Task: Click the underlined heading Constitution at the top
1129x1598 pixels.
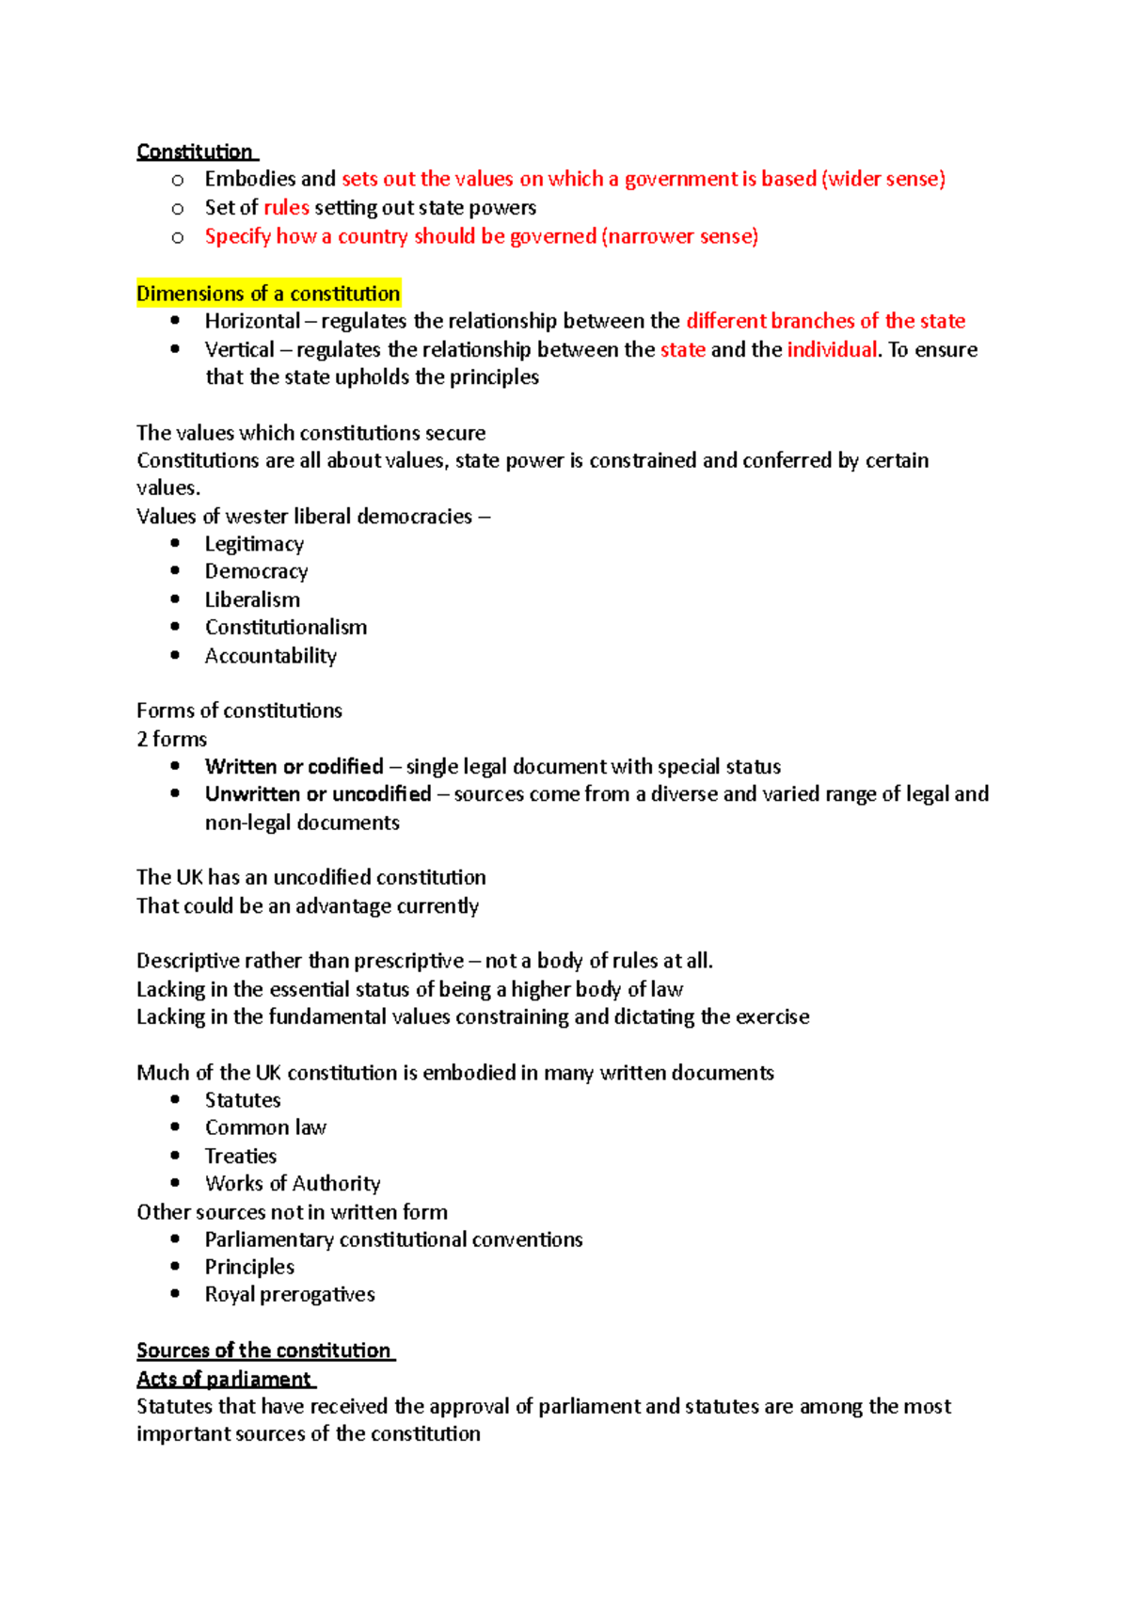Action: pos(195,152)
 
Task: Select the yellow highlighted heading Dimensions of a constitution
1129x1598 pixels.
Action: pos(268,294)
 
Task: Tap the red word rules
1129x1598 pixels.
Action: pos(286,207)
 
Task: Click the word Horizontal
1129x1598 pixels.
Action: pos(252,321)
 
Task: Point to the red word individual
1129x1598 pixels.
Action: pos(832,349)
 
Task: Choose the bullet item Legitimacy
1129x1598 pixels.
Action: pos(254,544)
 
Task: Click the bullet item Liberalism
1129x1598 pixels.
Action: pos(252,599)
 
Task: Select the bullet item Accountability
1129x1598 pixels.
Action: pos(270,655)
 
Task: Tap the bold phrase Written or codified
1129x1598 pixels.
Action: pos(294,766)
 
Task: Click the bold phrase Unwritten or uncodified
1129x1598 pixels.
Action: pos(318,793)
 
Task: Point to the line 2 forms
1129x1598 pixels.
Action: pos(171,739)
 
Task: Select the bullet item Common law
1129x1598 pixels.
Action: pos(265,1127)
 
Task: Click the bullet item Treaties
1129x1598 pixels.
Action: pos(241,1156)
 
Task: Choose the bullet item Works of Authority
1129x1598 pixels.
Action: pos(293,1183)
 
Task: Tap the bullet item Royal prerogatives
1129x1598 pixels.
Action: pos(290,1294)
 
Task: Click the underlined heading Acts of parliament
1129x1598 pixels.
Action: pos(224,1379)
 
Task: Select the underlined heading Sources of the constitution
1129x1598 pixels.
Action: pos(263,1350)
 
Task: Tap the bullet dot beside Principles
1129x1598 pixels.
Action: pos(175,1266)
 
